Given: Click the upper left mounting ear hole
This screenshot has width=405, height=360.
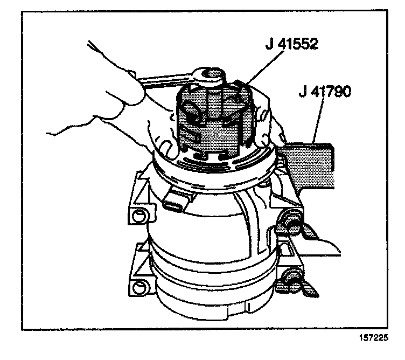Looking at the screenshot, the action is click(x=139, y=216).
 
